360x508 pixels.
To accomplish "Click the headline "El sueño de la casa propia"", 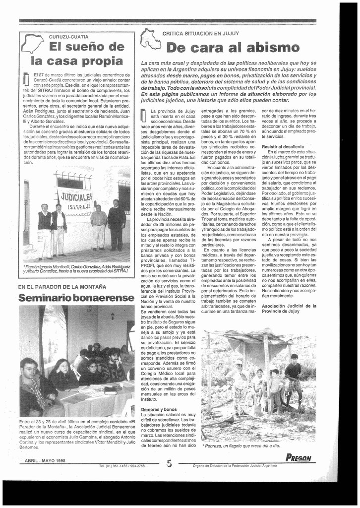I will pyautogui.click(x=77, y=54).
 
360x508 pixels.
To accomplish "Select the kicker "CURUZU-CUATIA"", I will pyautogui.click(x=69, y=37).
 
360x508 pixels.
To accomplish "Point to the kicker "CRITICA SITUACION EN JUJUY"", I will pyautogui.click(x=201, y=33).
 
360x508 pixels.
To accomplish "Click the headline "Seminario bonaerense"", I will pyautogui.click(x=76, y=298).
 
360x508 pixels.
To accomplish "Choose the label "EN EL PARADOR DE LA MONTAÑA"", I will pyautogui.click(x=62, y=287).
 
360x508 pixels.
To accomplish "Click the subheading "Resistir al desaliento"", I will pyautogui.click(x=283, y=147).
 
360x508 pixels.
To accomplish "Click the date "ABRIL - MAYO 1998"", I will pyautogui.click(x=45, y=460).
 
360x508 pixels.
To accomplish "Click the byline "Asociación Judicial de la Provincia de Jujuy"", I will pyautogui.click(x=289, y=309).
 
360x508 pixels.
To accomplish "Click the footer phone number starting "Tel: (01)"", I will pyautogui.click(x=121, y=466).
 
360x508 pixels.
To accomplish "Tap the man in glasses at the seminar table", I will pyautogui.click(x=30, y=372).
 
